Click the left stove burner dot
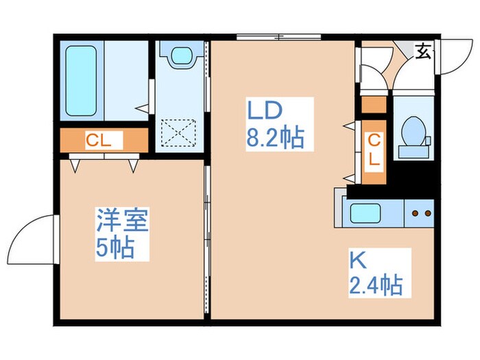pos(414,214)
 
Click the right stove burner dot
pos(427,214)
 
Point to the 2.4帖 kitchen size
pos(376,283)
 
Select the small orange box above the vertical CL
pos(374,105)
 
